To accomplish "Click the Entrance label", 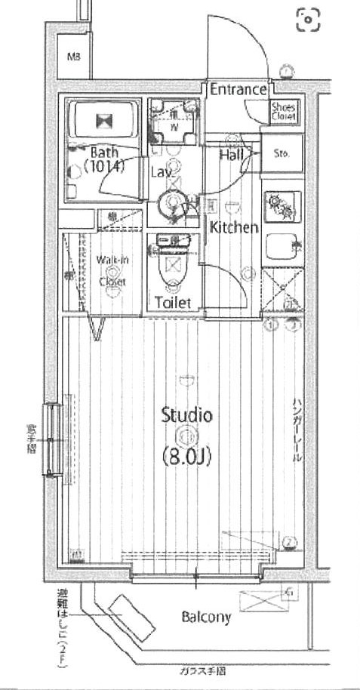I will click(238, 90).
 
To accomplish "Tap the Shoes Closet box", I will click(285, 112).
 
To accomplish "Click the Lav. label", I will click(160, 172).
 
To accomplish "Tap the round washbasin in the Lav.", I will click(173, 202).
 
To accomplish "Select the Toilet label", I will click(174, 303).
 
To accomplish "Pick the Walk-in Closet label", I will click(112, 270).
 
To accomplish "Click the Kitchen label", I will click(234, 227).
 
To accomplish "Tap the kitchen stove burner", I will click(282, 206).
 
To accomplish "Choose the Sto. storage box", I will click(282, 154).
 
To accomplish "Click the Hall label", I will click(230, 155).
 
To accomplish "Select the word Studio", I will click(186, 414).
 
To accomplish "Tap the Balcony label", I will click(206, 617).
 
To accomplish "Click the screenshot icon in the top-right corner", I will click(307, 20).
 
